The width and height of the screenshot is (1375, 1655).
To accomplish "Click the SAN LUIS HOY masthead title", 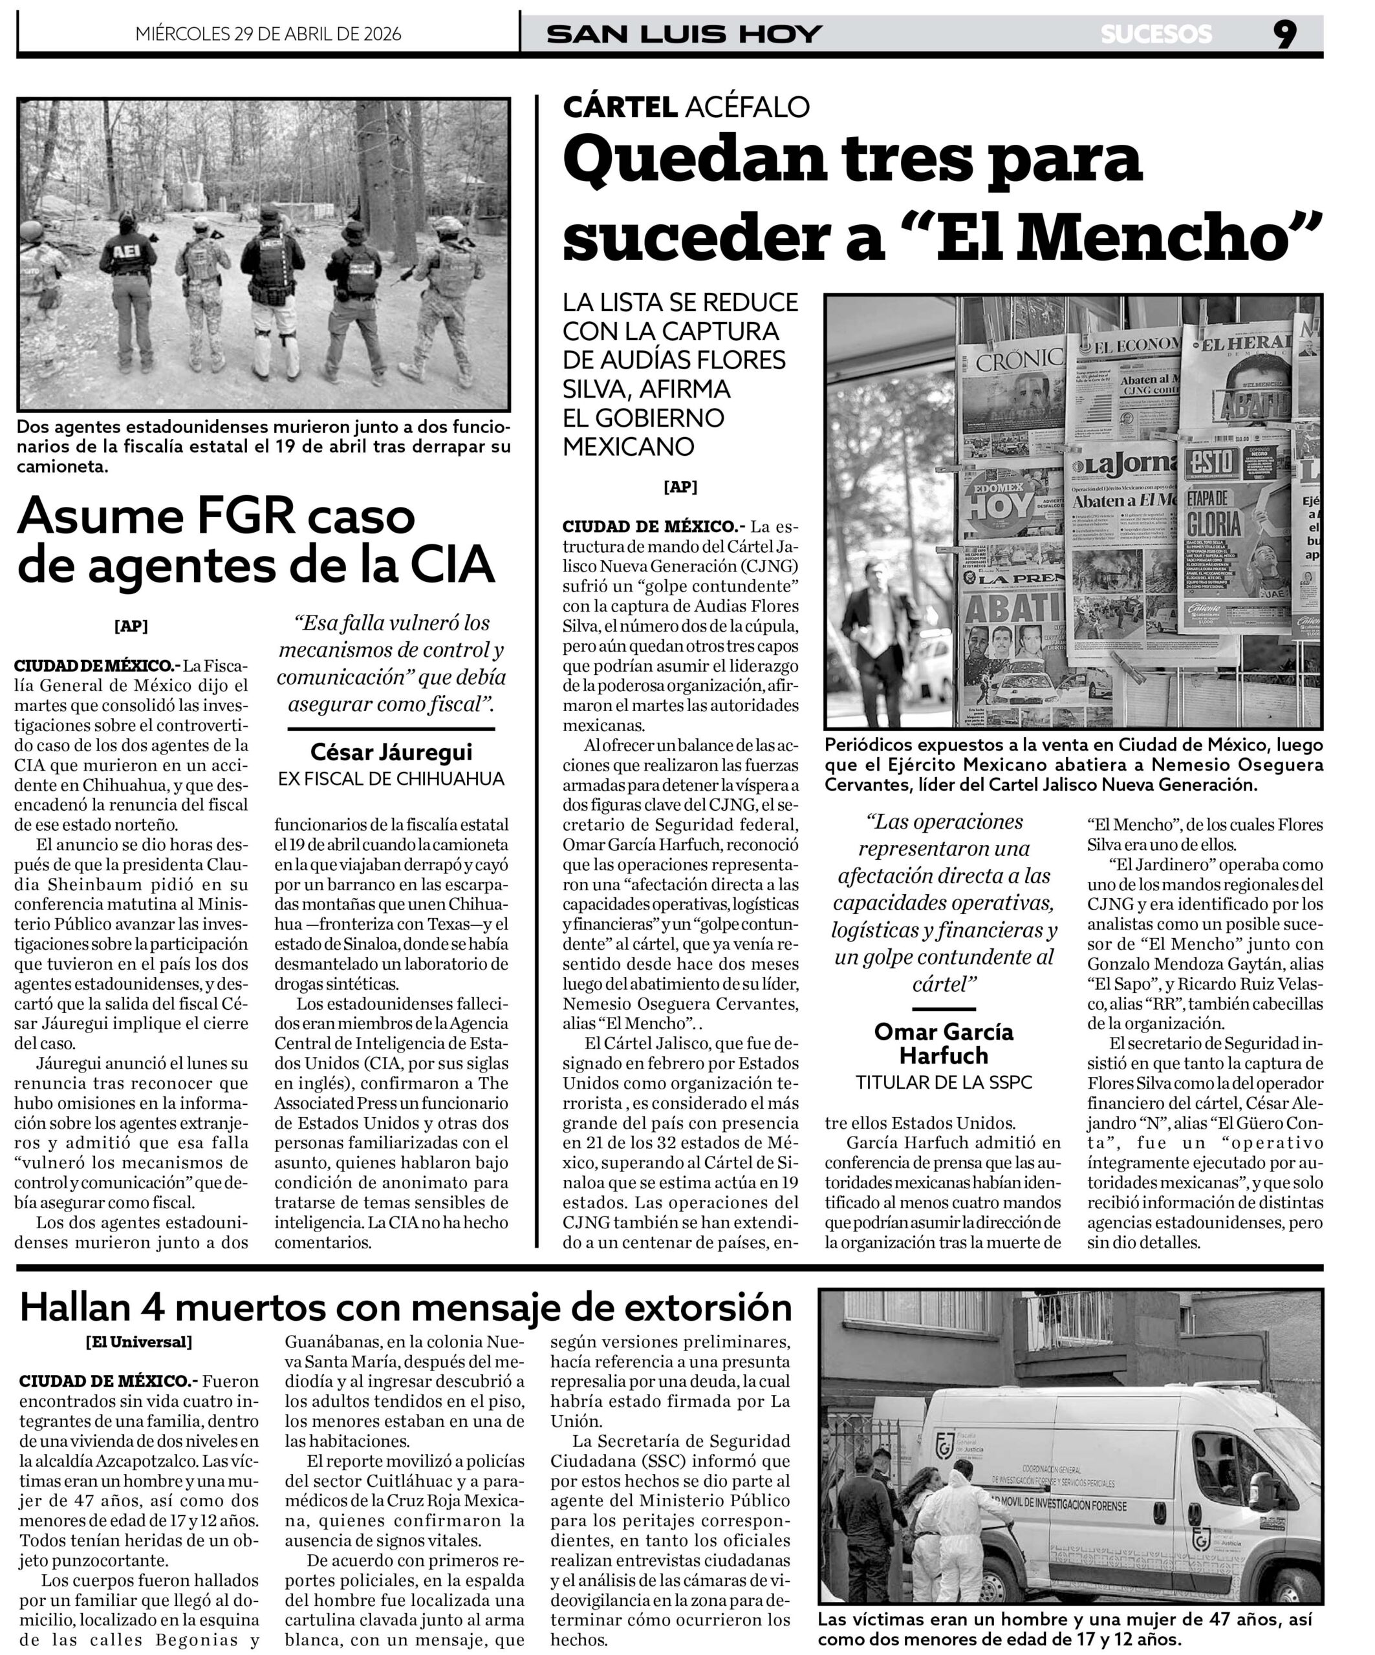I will (x=684, y=34).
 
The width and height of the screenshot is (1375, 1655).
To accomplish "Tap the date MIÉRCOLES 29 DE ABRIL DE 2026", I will (x=268, y=34).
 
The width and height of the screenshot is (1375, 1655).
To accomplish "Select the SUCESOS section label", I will (x=1156, y=34).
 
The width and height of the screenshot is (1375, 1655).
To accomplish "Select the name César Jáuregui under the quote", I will (x=391, y=751).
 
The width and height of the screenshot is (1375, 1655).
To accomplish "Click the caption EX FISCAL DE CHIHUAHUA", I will (x=391, y=778).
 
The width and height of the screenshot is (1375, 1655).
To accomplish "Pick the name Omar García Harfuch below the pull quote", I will (x=944, y=1043).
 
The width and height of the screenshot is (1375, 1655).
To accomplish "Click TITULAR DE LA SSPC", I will (x=944, y=1082).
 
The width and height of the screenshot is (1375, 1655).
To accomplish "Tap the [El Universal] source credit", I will (x=139, y=1341).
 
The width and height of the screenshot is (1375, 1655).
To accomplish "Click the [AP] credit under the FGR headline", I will (x=131, y=626).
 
